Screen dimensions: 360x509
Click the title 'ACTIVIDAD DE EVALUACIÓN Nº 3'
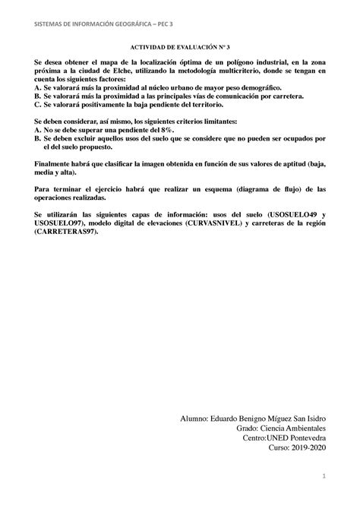[179, 46]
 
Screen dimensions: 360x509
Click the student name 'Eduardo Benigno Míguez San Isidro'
[261, 418]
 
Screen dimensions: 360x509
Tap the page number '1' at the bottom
[323, 476]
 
